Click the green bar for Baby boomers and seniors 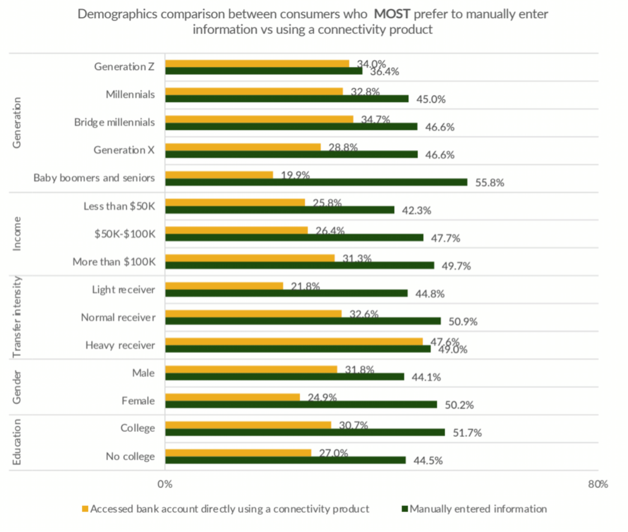(316, 182)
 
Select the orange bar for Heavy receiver (294, 341)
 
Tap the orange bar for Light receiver (224, 286)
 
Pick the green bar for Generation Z (263, 71)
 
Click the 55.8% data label (489, 182)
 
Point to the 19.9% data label (295, 175)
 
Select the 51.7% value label (467, 433)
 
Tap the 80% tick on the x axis (597, 484)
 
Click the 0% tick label (165, 484)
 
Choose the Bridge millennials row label (114, 122)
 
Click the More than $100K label (114, 262)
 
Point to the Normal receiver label (118, 317)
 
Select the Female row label (138, 401)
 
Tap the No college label (130, 456)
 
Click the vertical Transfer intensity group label (17, 317)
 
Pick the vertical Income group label (17, 234)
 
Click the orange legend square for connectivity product (85, 509)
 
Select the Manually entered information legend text (478, 509)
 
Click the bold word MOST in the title (392, 14)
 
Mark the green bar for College (305, 432)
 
